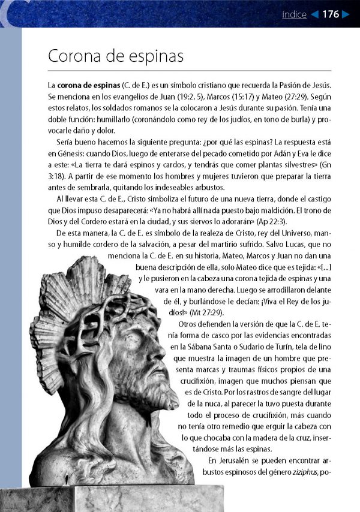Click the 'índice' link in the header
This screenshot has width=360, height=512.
click(294, 14)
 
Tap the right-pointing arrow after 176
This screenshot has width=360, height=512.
click(345, 14)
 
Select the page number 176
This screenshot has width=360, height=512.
click(330, 14)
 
